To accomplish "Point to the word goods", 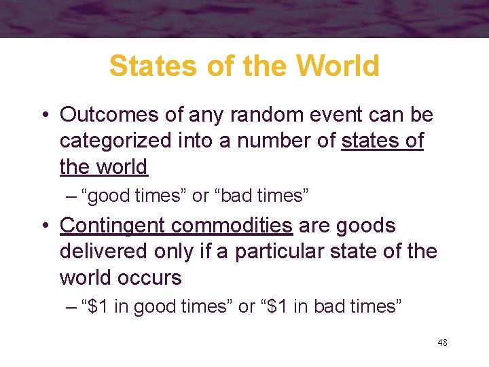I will tap(371, 226).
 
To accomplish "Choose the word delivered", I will tap(96, 251).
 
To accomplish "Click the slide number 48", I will tap(442, 343).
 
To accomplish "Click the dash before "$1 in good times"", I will tap(72, 307).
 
